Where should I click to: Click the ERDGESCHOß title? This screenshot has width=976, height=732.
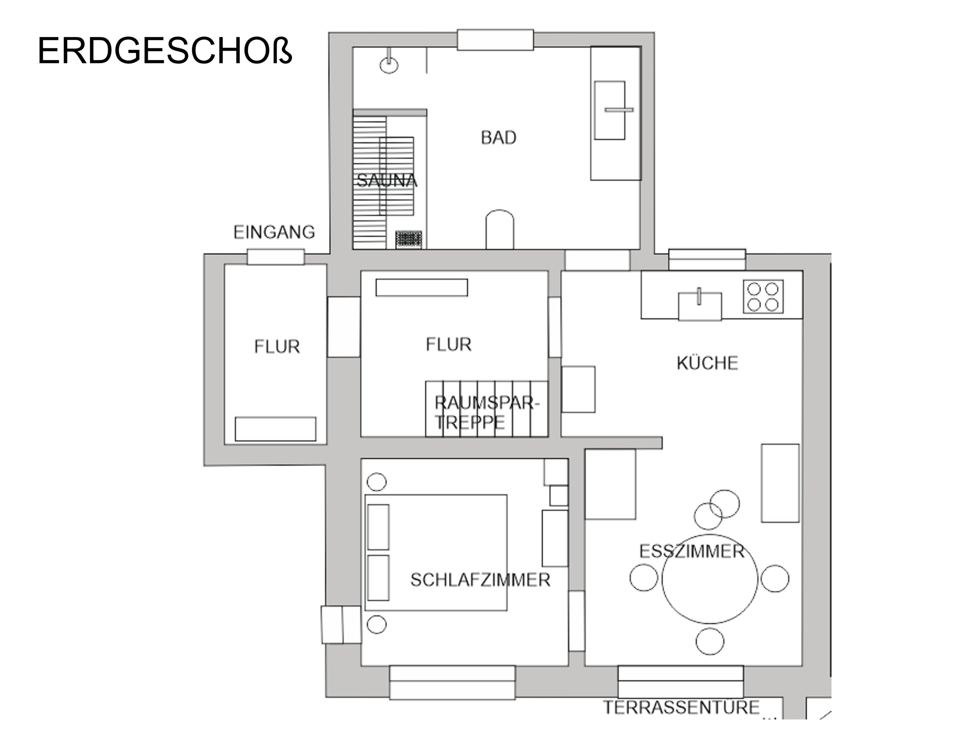coord(165,51)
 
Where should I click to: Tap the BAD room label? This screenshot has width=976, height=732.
coord(499,138)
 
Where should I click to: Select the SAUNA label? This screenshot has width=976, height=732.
coord(387,181)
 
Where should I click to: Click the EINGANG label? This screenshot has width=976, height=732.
coord(274,232)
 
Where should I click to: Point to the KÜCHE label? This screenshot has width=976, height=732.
coord(707,363)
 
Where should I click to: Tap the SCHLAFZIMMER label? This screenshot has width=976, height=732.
coord(480,580)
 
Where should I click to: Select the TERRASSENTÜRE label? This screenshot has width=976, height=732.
coord(681,707)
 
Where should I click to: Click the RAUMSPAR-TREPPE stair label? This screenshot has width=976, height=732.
coord(487,413)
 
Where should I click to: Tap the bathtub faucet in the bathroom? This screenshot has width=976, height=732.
coord(619,109)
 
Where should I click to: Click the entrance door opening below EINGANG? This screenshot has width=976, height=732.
coord(275,257)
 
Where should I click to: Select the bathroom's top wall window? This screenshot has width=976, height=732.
coord(495,40)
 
